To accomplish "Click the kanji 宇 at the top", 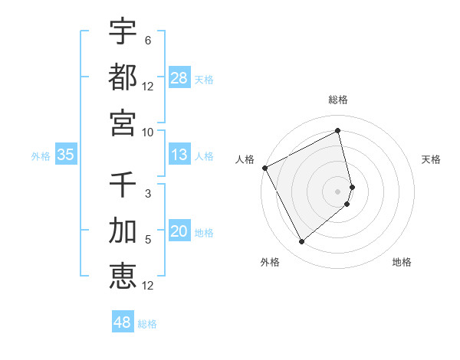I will coord(123,31).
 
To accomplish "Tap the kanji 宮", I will coord(123,122).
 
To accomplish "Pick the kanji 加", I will coord(123,231).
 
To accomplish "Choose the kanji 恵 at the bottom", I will coord(123,276).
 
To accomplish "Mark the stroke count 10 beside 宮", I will coord(147,132).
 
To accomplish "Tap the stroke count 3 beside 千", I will coord(147,195).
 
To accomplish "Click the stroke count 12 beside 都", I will coord(148,87).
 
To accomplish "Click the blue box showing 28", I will coord(179,78).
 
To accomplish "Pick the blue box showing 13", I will coord(179,155).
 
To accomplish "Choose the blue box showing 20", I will coord(179,232).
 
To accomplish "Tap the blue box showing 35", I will coord(65,155).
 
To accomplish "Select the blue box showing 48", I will coord(123,322).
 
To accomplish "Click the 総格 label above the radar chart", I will coord(338,100).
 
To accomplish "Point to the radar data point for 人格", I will coord(264,168).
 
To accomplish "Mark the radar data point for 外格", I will coord(301,242).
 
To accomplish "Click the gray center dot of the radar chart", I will coord(338,190).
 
